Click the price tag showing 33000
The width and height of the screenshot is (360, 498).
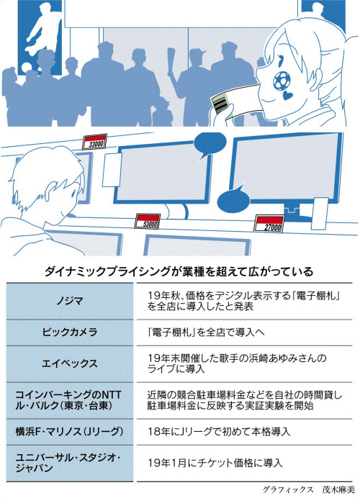tap(94, 142)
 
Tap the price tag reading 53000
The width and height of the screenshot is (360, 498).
tap(147, 221)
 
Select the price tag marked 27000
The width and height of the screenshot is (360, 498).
tap(269, 223)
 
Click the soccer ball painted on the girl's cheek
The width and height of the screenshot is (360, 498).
tap(282, 80)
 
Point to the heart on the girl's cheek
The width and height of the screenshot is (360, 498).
tap(287, 95)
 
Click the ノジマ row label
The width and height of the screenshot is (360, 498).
tap(70, 301)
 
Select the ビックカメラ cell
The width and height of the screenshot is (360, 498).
tap(70, 332)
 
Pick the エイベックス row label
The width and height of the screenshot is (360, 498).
tap(70, 363)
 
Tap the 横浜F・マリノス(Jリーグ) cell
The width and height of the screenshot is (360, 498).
tap(69, 432)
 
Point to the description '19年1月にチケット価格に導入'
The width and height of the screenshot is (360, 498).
tap(215, 463)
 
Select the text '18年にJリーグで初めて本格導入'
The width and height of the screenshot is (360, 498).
tap(219, 432)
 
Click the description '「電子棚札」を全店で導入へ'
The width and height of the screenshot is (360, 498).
tap(206, 332)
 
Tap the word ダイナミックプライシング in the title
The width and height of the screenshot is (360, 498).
tap(108, 272)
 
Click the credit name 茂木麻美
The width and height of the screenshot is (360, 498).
tap(338, 489)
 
